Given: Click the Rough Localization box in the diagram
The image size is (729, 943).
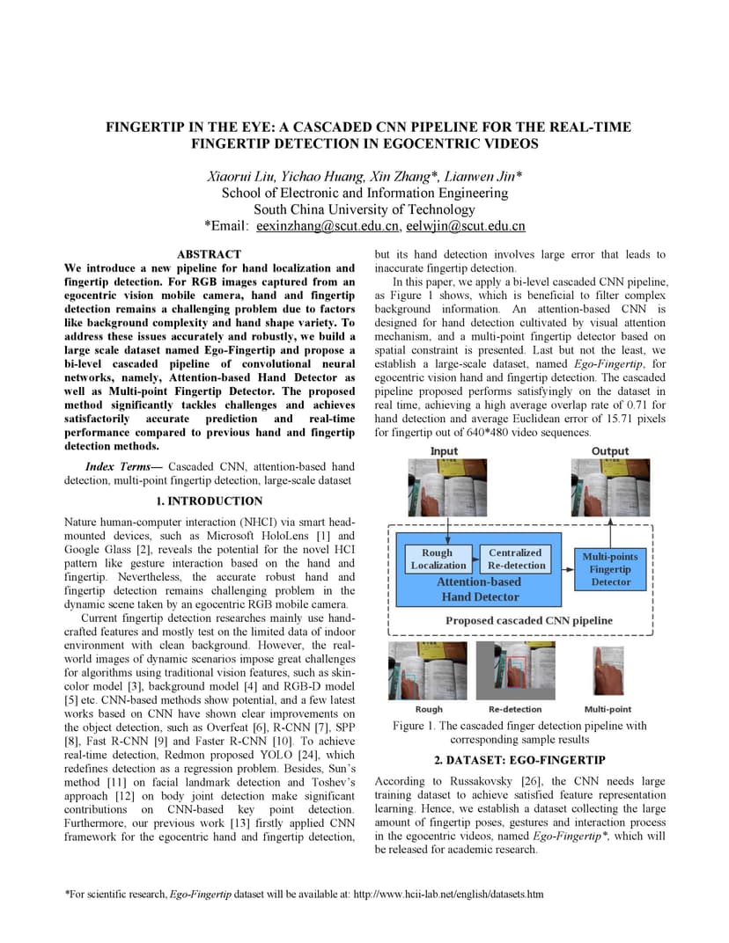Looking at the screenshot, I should click(x=438, y=559).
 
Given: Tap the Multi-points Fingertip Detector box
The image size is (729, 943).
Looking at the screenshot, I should click(x=610, y=569).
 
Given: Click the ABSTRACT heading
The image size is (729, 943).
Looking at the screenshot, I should click(x=210, y=254).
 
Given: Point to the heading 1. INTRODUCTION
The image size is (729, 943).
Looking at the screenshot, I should click(x=210, y=501).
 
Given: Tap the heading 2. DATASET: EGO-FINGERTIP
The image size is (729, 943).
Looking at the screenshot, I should click(x=519, y=760).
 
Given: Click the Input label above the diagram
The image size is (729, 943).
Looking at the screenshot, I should click(x=444, y=451).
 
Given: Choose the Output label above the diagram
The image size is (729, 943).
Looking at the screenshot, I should click(x=610, y=451).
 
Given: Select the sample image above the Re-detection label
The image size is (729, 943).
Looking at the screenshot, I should click(x=515, y=670).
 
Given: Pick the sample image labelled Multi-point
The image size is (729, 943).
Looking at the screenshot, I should click(x=607, y=670).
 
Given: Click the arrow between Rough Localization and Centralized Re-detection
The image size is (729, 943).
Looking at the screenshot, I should click(x=475, y=559).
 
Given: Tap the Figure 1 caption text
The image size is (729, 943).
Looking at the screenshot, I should click(x=519, y=733).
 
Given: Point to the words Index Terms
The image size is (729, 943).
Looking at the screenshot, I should click(x=123, y=466).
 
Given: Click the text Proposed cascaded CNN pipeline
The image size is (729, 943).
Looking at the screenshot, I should click(x=528, y=620).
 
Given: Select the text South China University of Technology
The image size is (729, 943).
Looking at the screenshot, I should click(x=364, y=209).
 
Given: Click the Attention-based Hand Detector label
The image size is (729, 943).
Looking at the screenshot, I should click(x=480, y=589).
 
